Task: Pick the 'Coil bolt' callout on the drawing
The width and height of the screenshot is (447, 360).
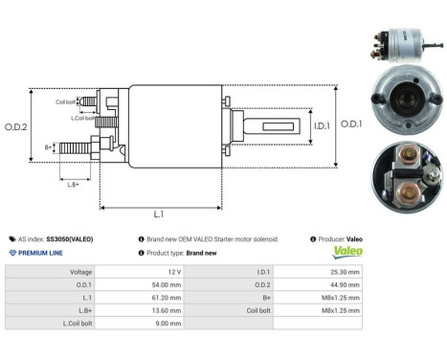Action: [66, 101]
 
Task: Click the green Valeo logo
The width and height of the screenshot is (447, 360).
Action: [346, 253]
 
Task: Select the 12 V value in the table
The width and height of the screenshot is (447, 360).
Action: [172, 272]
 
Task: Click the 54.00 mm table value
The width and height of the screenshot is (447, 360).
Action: [165, 284]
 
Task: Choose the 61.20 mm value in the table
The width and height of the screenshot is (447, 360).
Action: [165, 298]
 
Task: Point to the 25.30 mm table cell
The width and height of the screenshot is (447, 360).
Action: [344, 272]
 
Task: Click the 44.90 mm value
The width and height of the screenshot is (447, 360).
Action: [344, 284]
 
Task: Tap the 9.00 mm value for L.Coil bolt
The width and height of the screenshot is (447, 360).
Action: [167, 324]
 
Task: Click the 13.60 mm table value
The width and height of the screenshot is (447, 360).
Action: [165, 310]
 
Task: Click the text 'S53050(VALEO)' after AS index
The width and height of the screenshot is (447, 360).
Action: [73, 237]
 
